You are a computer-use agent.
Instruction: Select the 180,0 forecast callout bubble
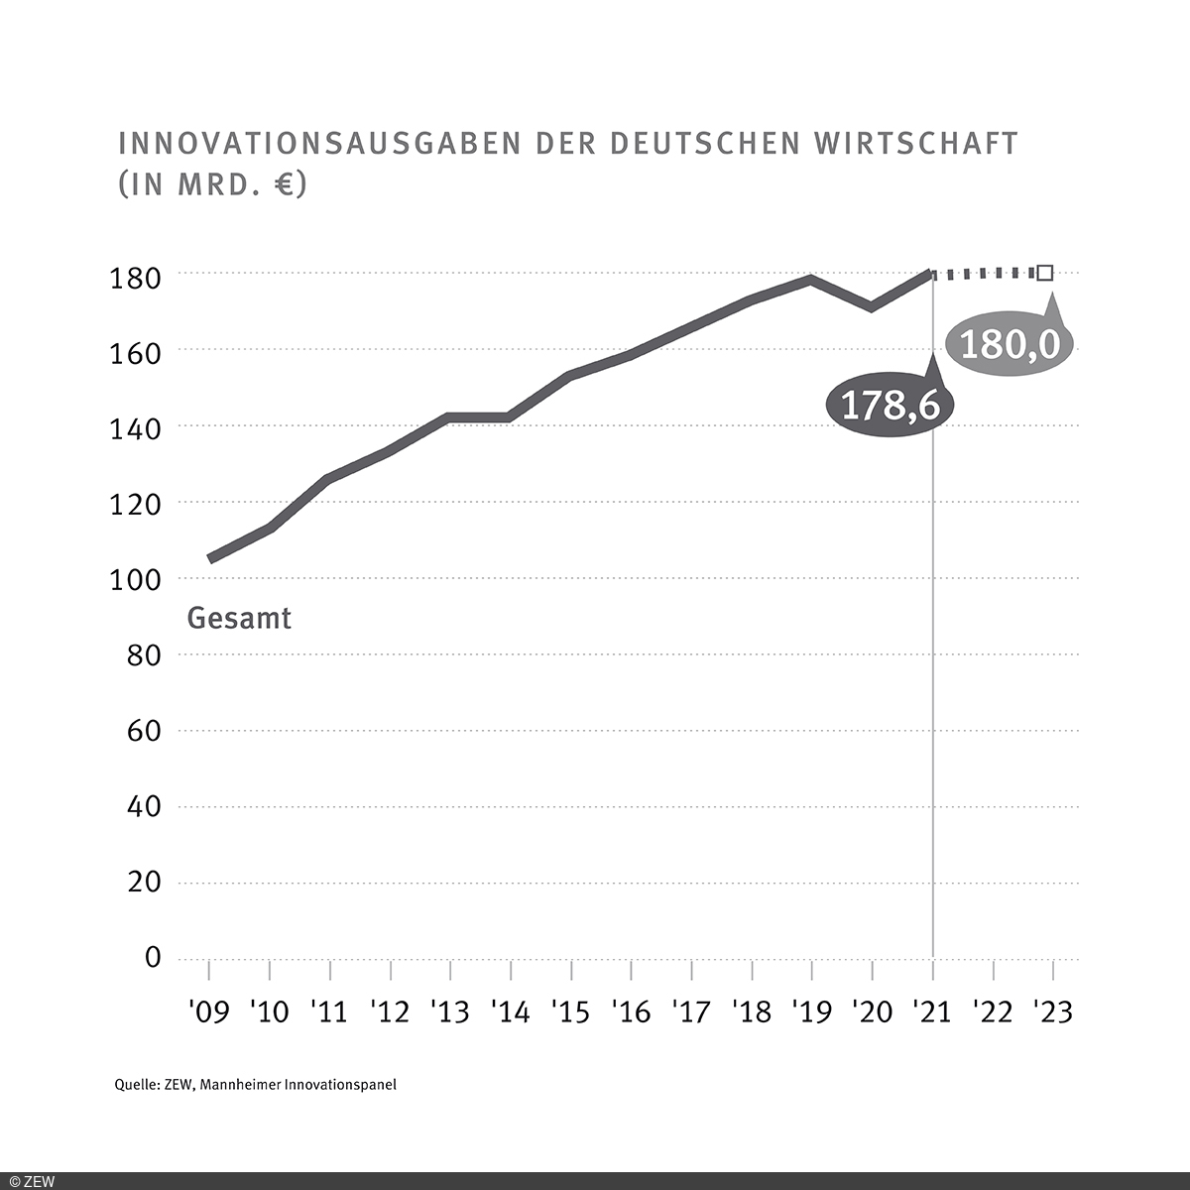point(1011,345)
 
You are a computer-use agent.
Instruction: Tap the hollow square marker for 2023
point(1044,273)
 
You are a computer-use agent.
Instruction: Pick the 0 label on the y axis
point(152,958)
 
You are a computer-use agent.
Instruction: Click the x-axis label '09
point(208,1012)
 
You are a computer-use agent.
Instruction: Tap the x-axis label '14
point(510,1012)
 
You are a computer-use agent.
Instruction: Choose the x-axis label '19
point(811,1012)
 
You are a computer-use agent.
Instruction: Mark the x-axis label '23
point(1052,1012)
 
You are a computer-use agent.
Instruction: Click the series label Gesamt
point(239,619)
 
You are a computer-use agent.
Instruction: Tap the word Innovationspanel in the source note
point(340,1085)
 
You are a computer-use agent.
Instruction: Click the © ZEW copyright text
point(33,1181)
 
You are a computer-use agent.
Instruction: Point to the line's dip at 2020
point(872,306)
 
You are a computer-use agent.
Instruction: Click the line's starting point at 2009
point(209,559)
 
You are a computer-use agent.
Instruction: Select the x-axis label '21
point(932,1012)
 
